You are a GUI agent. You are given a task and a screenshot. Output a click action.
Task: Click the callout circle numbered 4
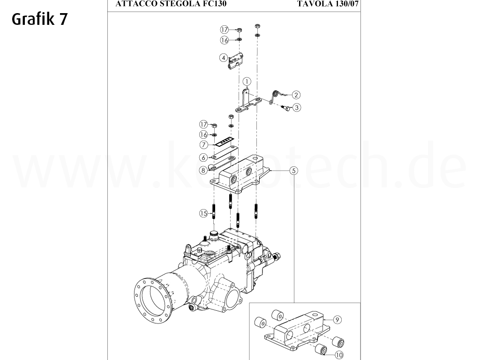[x=224, y=58]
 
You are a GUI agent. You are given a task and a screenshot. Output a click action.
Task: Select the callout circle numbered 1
[x=246, y=82]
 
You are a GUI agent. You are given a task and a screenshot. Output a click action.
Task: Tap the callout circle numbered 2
[x=296, y=94]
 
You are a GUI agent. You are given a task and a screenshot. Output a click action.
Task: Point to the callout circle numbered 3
[x=296, y=107]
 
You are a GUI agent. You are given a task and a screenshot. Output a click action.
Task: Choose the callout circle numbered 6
[x=203, y=158]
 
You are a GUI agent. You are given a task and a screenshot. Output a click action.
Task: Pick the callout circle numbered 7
[x=203, y=145]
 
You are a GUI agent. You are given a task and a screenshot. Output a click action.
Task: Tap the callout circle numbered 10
[x=338, y=355]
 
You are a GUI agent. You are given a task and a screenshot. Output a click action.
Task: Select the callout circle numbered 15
[x=203, y=213]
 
